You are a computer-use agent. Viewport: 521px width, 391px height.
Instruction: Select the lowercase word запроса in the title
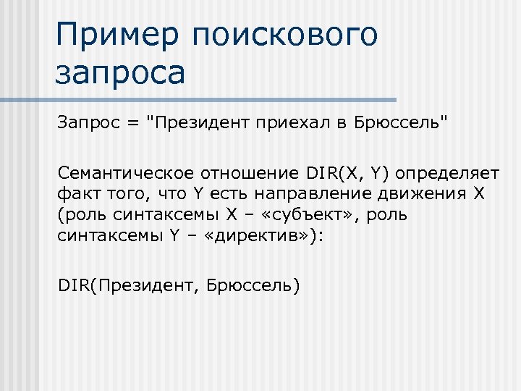click(x=119, y=74)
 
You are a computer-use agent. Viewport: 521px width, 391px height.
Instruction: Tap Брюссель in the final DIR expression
click(x=249, y=285)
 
